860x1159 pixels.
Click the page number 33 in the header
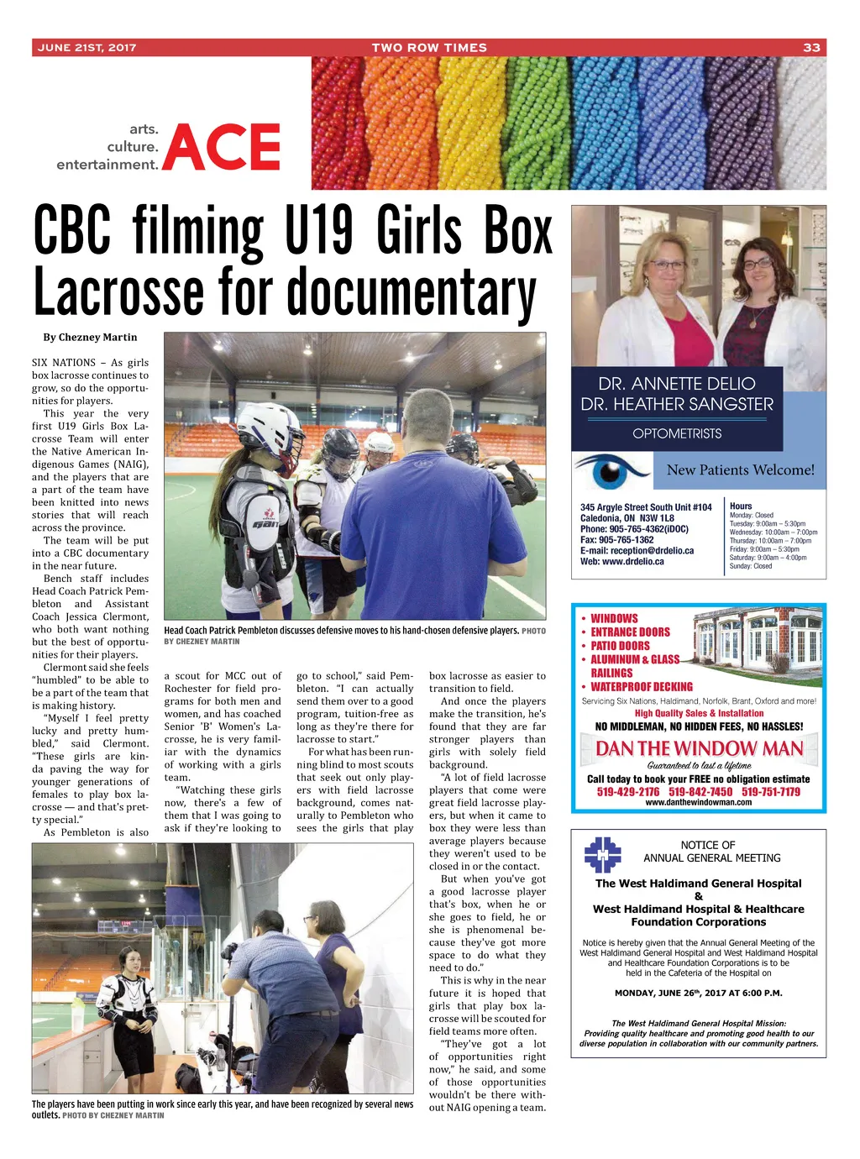coord(811,48)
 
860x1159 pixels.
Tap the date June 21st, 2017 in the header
coord(87,48)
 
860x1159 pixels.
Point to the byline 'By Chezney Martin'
coord(90,338)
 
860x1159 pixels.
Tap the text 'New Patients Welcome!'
coord(740,470)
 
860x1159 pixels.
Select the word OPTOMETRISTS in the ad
coord(677,433)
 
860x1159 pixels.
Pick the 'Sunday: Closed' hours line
coord(750,566)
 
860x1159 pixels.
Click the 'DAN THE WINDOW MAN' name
coord(699,748)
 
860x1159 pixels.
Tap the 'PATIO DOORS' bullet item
coord(620,646)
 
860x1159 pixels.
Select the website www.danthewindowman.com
coord(698,803)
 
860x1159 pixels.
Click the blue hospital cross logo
coord(602,855)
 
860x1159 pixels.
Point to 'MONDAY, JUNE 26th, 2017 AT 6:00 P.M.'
coord(698,993)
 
